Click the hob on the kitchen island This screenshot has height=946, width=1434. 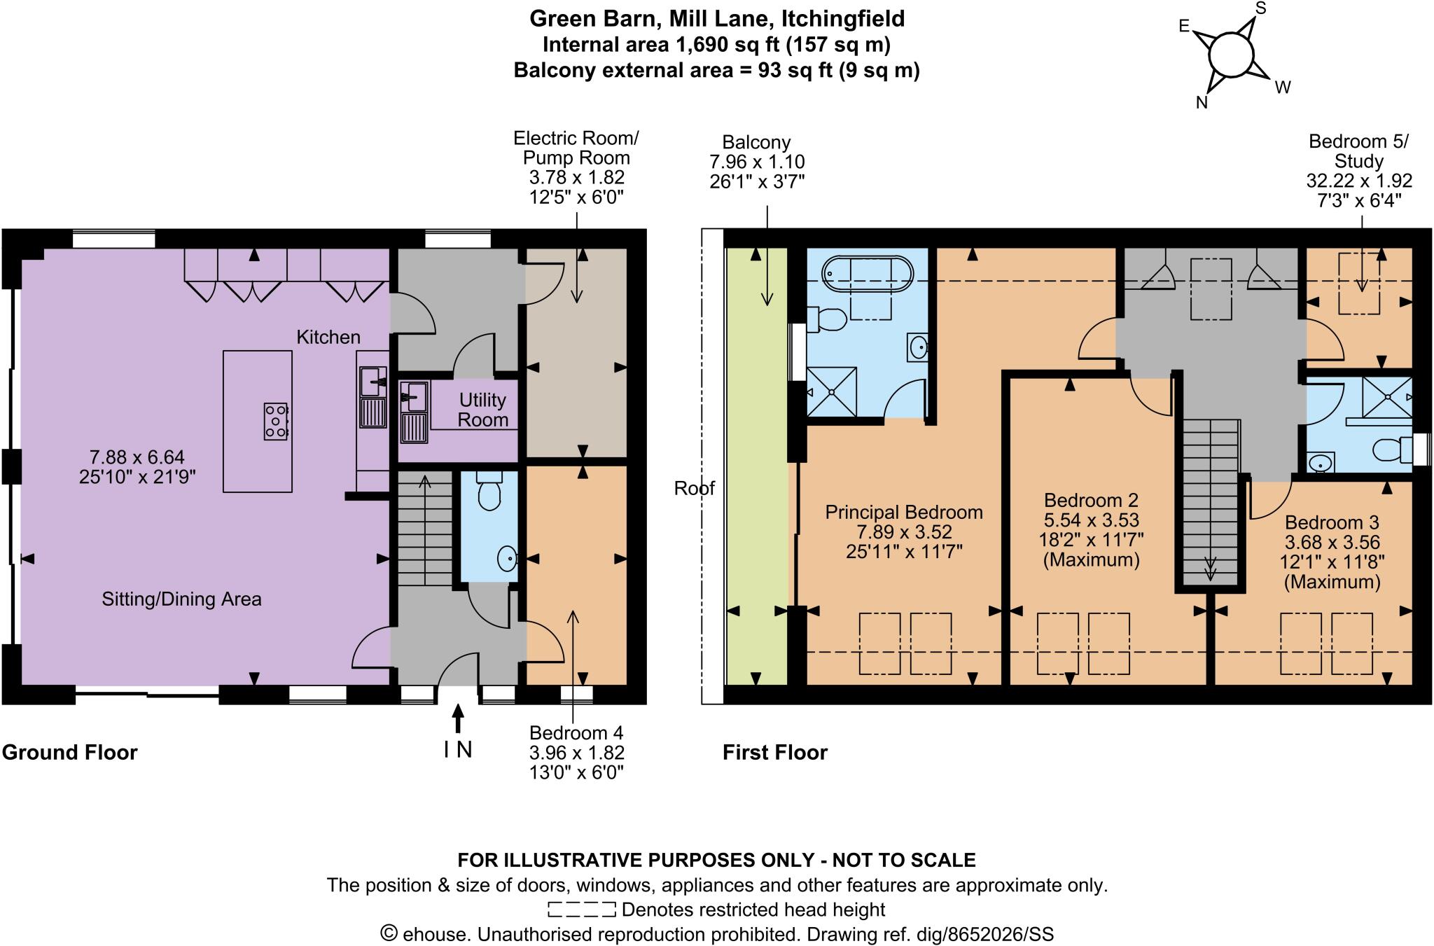tap(276, 422)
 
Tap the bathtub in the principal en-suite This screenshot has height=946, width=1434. tap(867, 274)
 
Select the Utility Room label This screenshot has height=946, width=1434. tap(482, 410)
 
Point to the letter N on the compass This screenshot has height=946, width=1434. tap(1202, 103)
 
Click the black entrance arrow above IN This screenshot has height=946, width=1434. tap(457, 720)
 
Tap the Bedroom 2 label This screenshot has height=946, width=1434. tap(1091, 500)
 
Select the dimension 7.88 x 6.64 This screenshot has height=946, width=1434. tap(137, 457)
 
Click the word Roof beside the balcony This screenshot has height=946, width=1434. tap(694, 488)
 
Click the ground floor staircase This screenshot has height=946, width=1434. tap(425, 529)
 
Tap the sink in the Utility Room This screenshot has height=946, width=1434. tap(414, 397)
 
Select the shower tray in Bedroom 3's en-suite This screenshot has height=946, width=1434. tap(1386, 397)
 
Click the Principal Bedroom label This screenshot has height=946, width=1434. tap(903, 512)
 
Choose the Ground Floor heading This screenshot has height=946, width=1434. tap(69, 752)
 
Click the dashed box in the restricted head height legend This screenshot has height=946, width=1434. tap(581, 910)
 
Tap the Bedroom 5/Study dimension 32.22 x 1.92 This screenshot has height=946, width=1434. tap(1358, 181)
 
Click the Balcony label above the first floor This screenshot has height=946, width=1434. tap(756, 142)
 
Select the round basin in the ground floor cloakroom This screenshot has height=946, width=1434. tap(507, 558)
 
